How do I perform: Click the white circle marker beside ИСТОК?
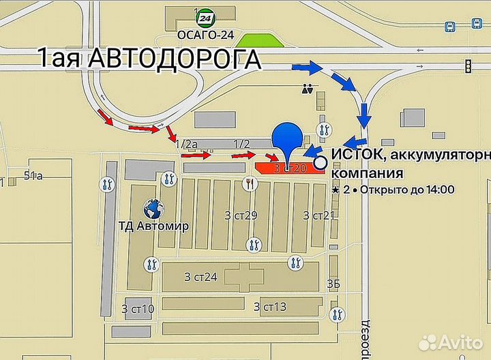[x=321, y=163]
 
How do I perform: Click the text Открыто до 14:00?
[x=407, y=190]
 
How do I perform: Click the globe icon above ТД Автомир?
[x=153, y=207]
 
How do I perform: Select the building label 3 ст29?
[x=241, y=215]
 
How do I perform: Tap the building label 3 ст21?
[x=319, y=215]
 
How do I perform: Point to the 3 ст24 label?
[x=200, y=277]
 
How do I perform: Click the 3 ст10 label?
[x=138, y=308]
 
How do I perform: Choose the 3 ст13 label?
[x=269, y=306]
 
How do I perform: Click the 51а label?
[x=33, y=176]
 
